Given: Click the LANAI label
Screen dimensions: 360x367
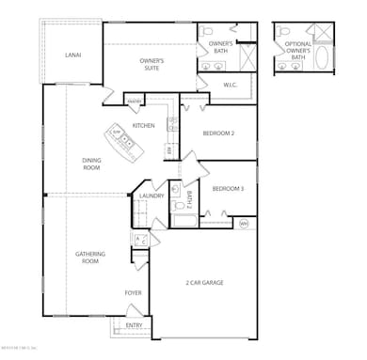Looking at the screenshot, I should click(x=72, y=55).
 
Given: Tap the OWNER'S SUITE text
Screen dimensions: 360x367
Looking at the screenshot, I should click(x=152, y=65).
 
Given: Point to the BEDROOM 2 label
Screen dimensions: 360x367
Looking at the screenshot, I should click(x=218, y=133).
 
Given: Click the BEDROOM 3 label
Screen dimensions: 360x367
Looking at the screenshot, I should click(x=228, y=188).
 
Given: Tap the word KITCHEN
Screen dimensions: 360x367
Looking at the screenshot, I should click(x=143, y=125).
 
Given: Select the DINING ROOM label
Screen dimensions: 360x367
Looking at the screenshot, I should click(x=91, y=164).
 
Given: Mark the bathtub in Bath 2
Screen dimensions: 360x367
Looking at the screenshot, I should click(x=184, y=223).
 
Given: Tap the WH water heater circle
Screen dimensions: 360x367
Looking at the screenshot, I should click(x=243, y=223).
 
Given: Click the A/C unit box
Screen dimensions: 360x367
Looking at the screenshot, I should click(x=141, y=241).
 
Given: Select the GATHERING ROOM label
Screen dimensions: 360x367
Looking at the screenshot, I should click(x=90, y=258).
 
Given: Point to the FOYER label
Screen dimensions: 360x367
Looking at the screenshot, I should click(x=133, y=292).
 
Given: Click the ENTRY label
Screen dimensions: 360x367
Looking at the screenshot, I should click(x=135, y=325).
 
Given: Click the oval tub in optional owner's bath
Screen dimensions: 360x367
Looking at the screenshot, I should click(x=323, y=58).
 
